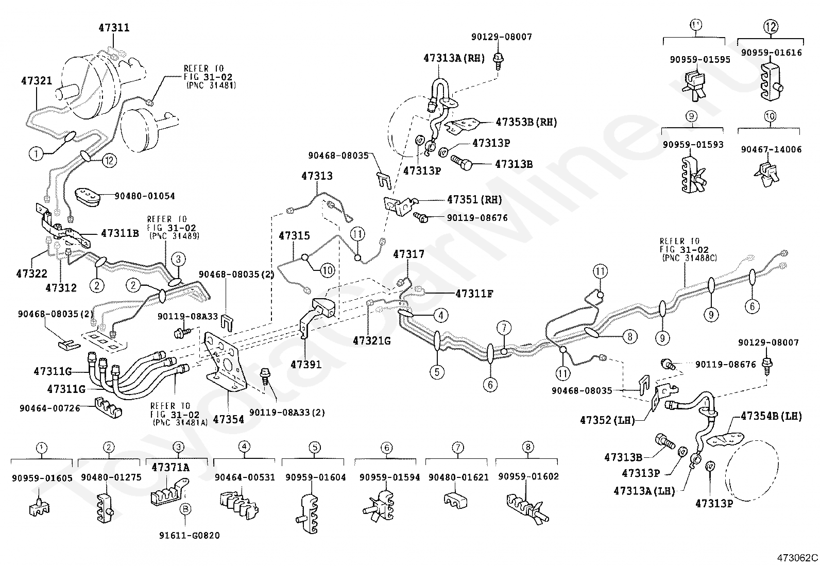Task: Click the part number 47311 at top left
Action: tap(114, 28)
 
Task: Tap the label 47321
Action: tap(37, 80)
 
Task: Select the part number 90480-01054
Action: tap(145, 196)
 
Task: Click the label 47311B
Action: tap(120, 233)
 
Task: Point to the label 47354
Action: tap(228, 419)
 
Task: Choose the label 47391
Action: tap(306, 364)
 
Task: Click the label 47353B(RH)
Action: tap(526, 122)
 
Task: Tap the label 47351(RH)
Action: tap(474, 199)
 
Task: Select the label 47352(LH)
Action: tap(608, 420)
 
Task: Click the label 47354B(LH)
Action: tap(771, 416)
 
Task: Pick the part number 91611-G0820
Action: tap(189, 536)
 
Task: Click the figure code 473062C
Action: tap(797, 558)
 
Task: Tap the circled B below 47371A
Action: tap(185, 509)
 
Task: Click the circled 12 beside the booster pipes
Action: tap(110, 160)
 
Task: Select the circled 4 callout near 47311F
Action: tap(441, 315)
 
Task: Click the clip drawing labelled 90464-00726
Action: tap(108, 407)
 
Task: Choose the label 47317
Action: tap(409, 254)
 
